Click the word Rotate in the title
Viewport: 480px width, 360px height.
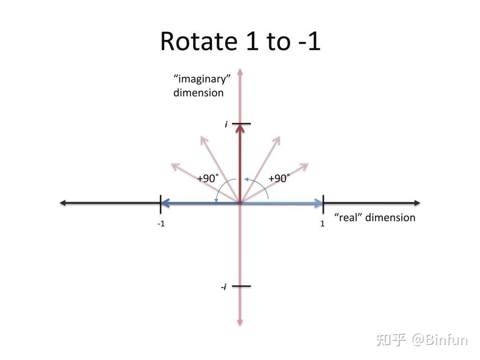coord(199,41)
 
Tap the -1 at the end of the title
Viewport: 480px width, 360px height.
coord(309,41)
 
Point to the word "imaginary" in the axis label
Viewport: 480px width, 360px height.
coord(202,79)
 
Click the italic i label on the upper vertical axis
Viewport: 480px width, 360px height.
coord(226,124)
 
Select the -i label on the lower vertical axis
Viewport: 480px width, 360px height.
coord(224,287)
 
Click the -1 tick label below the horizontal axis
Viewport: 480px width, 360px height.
coord(161,224)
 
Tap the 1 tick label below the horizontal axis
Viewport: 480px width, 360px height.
coord(322,224)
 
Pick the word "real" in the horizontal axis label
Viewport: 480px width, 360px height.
coord(348,217)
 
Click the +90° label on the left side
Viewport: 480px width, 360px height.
coord(208,178)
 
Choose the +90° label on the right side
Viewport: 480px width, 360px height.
coord(279,178)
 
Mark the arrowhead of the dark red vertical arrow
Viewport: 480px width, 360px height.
coord(240,128)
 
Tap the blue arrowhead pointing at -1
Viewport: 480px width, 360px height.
coord(165,202)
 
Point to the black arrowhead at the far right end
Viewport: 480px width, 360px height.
coord(417,202)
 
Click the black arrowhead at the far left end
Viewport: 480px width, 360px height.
coord(63,202)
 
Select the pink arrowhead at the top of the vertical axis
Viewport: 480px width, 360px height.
coord(240,72)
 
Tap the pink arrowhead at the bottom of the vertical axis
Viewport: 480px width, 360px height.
coord(240,322)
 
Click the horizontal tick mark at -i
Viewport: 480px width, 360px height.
coord(241,286)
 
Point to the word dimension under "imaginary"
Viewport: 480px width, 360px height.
coord(198,93)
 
